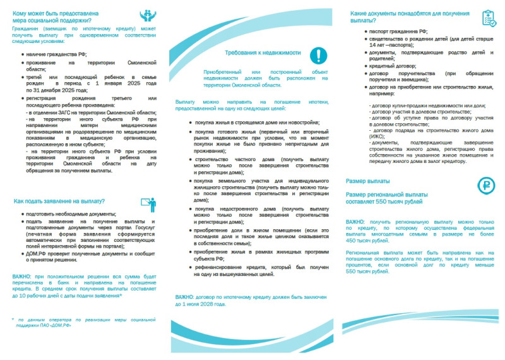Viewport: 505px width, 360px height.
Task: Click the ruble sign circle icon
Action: click(x=485, y=184)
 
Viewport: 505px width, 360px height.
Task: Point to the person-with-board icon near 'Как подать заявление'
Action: click(x=148, y=203)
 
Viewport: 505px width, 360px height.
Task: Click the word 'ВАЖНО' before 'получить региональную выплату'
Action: click(x=355, y=222)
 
